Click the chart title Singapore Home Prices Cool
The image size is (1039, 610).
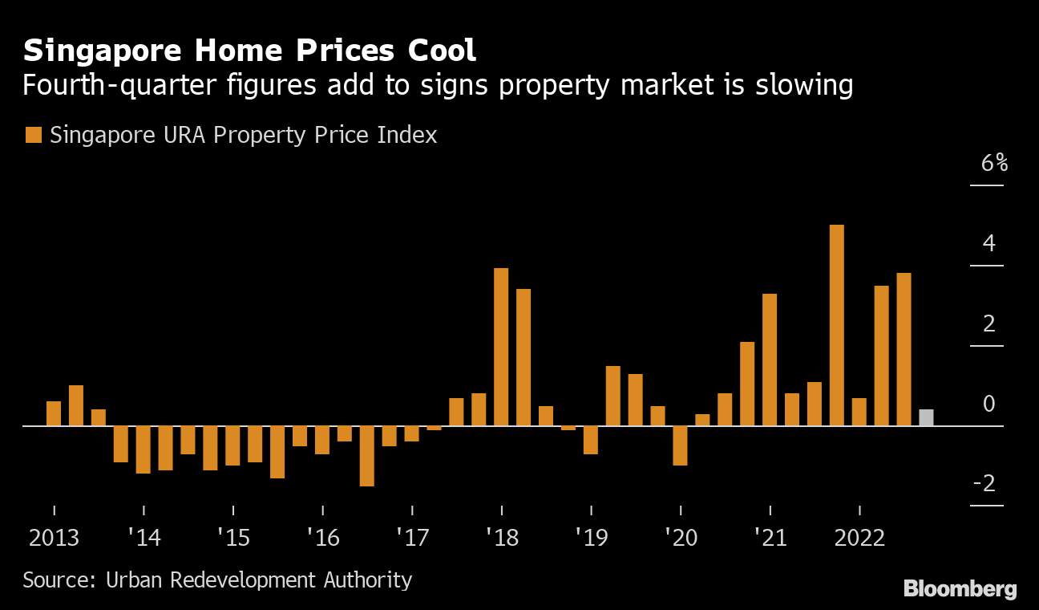coord(249,50)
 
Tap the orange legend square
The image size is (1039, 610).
coord(33,135)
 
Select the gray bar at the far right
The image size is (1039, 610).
coord(926,417)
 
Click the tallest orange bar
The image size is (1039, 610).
coord(836,325)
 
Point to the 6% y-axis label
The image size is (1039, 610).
coord(994,163)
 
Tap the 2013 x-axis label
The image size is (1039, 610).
coord(54,537)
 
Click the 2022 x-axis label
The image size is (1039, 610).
coord(859,537)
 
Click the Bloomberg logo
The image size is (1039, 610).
coord(960,588)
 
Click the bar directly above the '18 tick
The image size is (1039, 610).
coord(501,347)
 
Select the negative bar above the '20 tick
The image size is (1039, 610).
coord(680,445)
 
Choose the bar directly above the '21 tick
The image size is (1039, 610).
coord(770,360)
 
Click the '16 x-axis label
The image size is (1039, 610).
coord(322,537)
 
